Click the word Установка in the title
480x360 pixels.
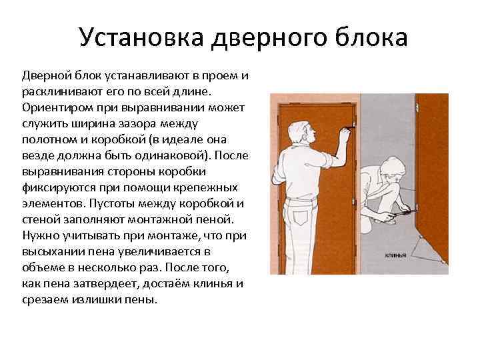point(141,37)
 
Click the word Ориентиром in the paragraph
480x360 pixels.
point(58,109)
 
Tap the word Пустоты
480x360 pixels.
point(111,203)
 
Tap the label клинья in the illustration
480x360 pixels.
point(395,255)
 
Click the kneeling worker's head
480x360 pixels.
point(393,171)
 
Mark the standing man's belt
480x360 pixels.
point(301,199)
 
